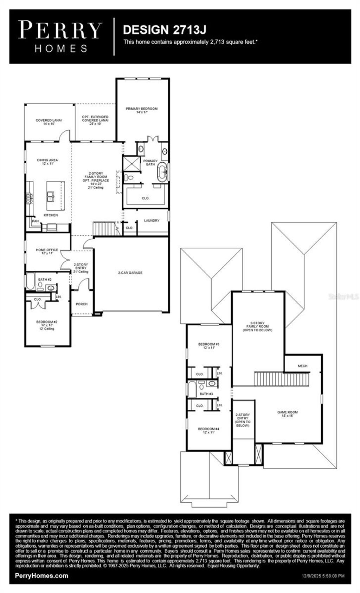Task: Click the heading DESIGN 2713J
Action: tap(164, 30)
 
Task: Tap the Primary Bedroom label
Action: tap(142, 110)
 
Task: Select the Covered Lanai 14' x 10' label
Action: tap(49, 122)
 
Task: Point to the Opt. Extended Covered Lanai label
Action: tap(95, 120)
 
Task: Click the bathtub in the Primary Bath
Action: tap(162, 172)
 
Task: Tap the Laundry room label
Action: tap(152, 221)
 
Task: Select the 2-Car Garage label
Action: tap(130, 273)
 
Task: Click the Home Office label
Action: tap(47, 251)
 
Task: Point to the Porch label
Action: tap(82, 304)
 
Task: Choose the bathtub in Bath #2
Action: tap(31, 281)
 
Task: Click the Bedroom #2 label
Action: tap(47, 325)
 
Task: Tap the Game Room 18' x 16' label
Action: tap(287, 414)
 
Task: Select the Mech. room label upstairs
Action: tap(303, 366)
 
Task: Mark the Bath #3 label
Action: tap(206, 394)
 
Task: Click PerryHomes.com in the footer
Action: tap(41, 575)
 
